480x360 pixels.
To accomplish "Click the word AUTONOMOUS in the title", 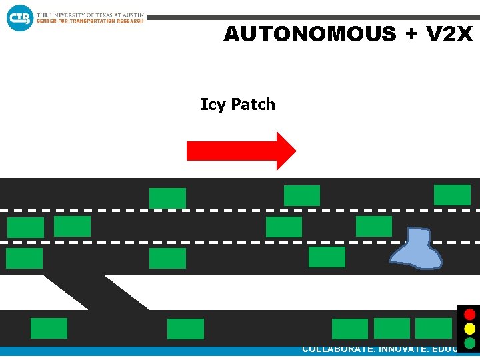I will pyautogui.click(x=309, y=34).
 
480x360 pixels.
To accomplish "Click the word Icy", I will pyautogui.click(x=213, y=105).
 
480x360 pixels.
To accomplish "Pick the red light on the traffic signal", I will pyautogui.click(x=470, y=314).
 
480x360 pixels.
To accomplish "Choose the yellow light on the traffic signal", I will pyautogui.click(x=470, y=329).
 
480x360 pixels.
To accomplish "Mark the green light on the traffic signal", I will pyautogui.click(x=470, y=343).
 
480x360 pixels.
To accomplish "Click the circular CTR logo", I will pyautogui.click(x=19, y=17).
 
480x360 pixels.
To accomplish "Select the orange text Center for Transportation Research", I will pyautogui.click(x=90, y=21).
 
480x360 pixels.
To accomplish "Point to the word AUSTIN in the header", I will pyautogui.click(x=131, y=15).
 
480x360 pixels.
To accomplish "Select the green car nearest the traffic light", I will pyautogui.click(x=433, y=328).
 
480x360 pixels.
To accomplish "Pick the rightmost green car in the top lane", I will pyautogui.click(x=452, y=195).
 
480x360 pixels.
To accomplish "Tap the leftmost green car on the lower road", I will pyautogui.click(x=49, y=328).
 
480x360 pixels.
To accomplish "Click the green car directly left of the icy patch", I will pyautogui.click(x=327, y=257).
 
